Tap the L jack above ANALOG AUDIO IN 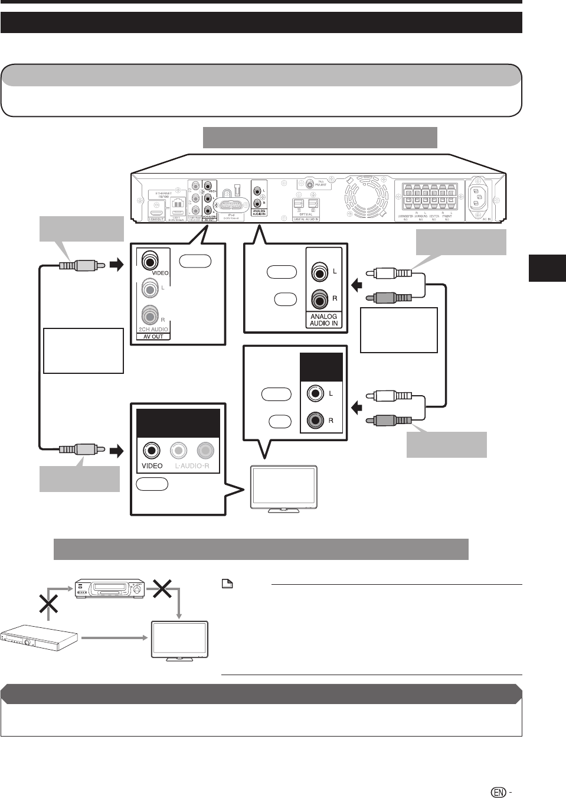319,272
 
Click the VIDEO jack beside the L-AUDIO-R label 152,451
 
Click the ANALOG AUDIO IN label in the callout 323,320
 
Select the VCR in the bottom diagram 110,588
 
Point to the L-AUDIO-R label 192,467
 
